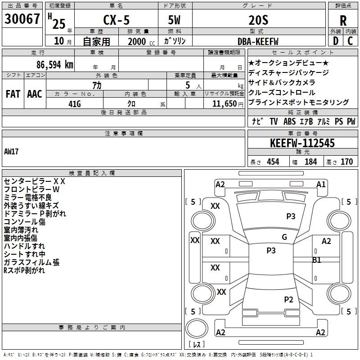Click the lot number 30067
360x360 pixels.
click(22, 18)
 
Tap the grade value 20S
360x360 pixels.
click(258, 20)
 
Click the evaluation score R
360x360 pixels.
click(343, 21)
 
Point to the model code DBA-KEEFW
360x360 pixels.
click(258, 41)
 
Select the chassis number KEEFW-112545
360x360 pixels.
click(302, 144)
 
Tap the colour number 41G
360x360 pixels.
click(74, 103)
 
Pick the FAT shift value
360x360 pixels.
click(13, 94)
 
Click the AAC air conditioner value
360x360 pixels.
click(35, 94)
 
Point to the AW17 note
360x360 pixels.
click(11, 152)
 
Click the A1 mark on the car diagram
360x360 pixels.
click(321, 184)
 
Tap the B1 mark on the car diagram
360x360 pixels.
click(317, 260)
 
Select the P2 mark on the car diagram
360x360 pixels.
click(289, 299)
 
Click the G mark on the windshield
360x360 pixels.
click(284, 237)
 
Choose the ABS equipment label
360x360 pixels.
click(289, 121)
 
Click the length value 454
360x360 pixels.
click(273, 162)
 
